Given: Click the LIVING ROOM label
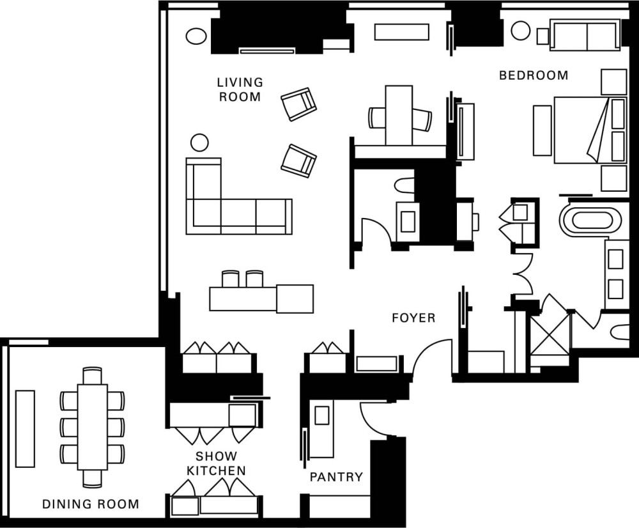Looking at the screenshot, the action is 240,89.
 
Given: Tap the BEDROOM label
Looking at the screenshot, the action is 534,75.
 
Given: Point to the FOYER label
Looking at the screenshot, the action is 413,318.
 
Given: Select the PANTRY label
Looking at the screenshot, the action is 336,477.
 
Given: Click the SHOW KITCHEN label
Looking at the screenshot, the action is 217,463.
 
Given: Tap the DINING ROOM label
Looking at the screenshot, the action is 91,504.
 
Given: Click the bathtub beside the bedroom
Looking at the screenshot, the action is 591,220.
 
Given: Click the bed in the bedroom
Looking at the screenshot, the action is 590,130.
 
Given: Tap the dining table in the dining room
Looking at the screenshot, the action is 93,427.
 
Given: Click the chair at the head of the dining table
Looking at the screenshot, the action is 92,375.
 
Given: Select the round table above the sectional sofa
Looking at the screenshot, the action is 199,143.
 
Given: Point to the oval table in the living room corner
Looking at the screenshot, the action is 196,36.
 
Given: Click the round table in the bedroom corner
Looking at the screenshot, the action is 520,31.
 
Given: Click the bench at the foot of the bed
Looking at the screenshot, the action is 543,130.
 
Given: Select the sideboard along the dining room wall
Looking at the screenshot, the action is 25,428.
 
